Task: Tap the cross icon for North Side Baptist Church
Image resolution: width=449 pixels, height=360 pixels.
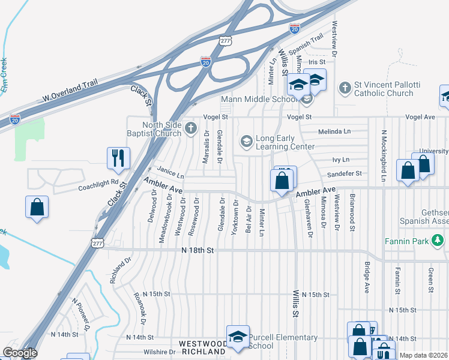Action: tap(191, 127)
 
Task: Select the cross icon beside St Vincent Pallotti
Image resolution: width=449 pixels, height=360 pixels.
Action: tap(345, 88)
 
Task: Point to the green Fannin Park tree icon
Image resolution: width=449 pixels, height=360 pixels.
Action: tap(438, 241)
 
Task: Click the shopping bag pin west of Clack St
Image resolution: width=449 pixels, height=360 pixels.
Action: tap(37, 208)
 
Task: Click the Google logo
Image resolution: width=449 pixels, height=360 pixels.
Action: tap(20, 353)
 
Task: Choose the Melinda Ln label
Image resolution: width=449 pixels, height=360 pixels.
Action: tap(334, 131)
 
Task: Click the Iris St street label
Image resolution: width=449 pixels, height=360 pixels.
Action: tap(316, 62)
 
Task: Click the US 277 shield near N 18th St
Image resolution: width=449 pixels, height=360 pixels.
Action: tap(98, 241)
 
